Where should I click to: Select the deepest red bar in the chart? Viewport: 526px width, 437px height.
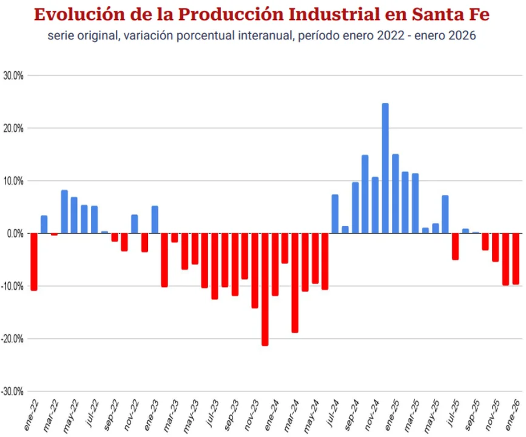click(265, 289)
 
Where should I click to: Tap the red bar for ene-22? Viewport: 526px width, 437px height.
click(34, 262)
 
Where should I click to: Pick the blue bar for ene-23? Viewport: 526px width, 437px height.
click(155, 220)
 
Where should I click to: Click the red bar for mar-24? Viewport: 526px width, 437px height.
click(295, 283)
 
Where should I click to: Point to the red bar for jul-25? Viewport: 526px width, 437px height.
click(455, 246)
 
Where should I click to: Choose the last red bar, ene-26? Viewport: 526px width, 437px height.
click(516, 259)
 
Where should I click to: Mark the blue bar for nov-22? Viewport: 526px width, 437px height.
click(135, 224)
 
